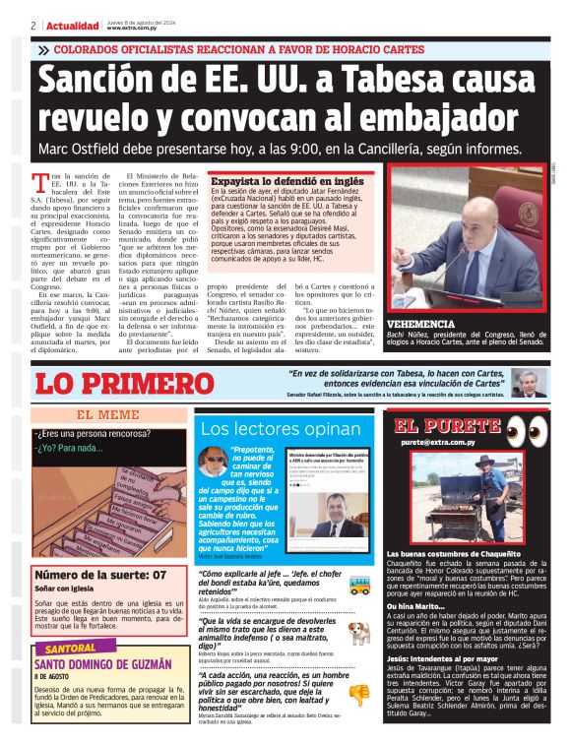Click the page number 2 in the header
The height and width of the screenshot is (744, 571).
[x=34, y=26]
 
